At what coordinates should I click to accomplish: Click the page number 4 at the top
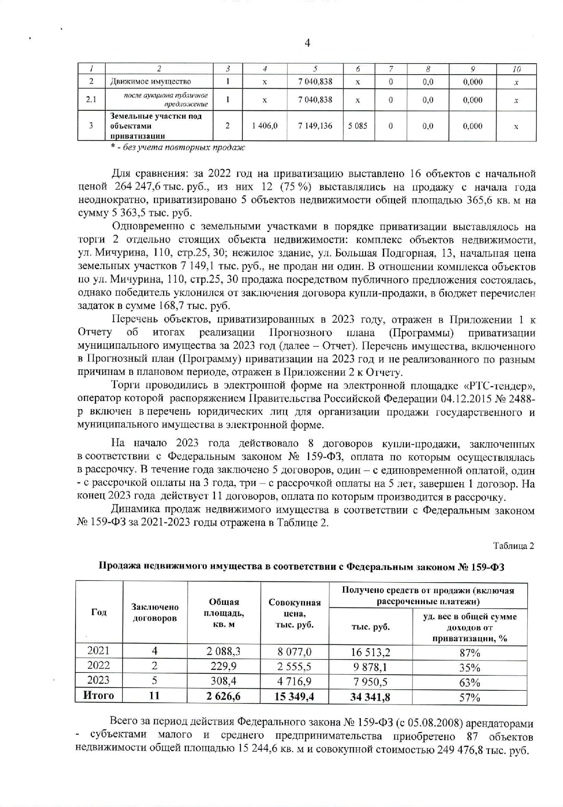coord(307,43)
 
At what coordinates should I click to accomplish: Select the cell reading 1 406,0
coord(265,126)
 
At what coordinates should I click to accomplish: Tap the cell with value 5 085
coord(358,126)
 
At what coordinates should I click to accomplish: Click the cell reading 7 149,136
coord(315,126)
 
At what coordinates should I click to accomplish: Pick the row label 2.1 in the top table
coord(91,100)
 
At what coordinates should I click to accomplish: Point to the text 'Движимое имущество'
coord(151,82)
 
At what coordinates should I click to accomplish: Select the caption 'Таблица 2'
coord(513,546)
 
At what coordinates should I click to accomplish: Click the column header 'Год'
coord(99,612)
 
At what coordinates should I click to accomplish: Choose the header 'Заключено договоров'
coord(155,612)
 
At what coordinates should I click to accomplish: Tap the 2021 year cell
coord(98,650)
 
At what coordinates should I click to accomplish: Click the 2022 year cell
coord(98,665)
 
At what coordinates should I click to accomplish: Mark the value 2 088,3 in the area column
coord(223,651)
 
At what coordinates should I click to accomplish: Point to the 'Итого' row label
coord(98,695)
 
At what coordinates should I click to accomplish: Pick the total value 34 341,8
coord(370,698)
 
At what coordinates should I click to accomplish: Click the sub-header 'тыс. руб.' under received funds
coord(370,627)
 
